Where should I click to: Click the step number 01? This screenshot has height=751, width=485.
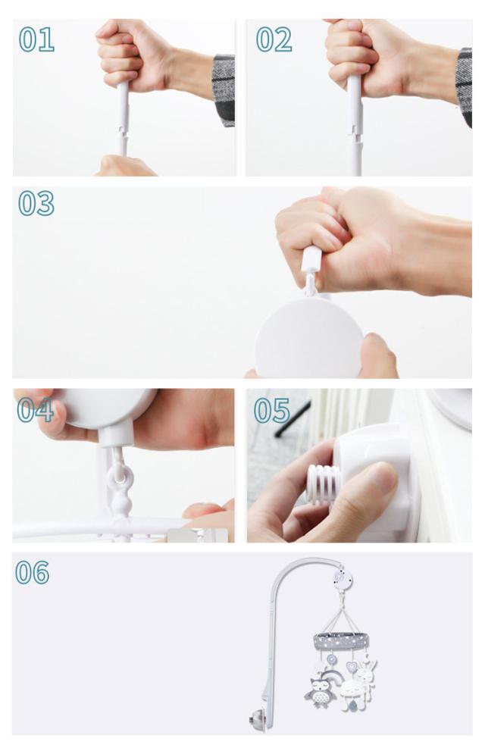point(36,39)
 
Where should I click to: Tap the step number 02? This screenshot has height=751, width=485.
point(274,39)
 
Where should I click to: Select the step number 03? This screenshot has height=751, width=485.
point(36,203)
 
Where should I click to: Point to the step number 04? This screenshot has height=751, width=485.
point(36,411)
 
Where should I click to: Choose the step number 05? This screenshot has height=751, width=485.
point(272,411)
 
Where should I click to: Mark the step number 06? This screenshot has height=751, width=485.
point(33,572)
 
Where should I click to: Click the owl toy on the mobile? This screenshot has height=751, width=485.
point(317,693)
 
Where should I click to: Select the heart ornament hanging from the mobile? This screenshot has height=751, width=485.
point(352,666)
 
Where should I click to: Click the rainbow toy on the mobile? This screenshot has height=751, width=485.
point(331,677)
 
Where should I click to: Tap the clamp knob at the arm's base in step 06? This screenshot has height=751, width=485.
point(255,719)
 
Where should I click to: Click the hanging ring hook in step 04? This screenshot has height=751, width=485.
point(119,479)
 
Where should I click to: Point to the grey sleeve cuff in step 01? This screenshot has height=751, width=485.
point(224,90)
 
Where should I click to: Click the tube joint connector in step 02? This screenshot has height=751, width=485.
point(355,130)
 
